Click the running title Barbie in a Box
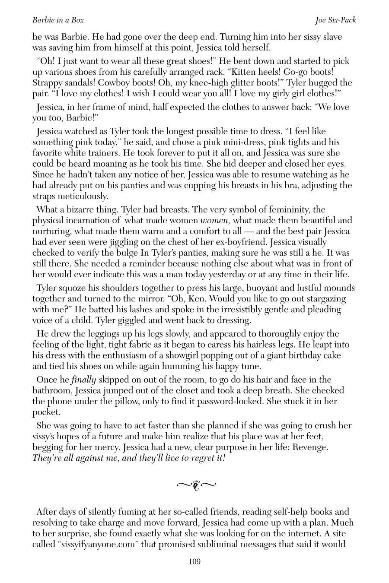click(58, 20)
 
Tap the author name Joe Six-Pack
click(336, 20)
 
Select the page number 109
click(194, 561)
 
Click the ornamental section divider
click(196, 485)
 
